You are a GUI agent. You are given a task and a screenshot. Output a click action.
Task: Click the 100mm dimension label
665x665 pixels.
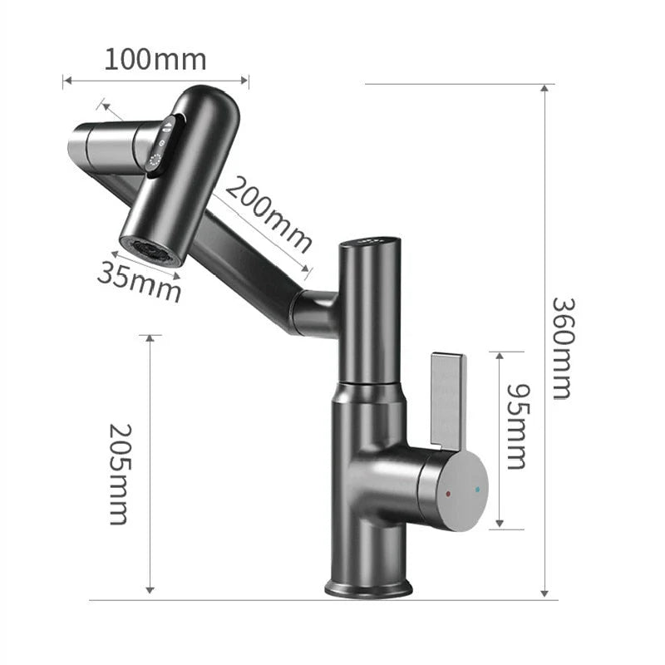click(x=155, y=59)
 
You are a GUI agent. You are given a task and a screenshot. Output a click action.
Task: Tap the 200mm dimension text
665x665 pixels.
click(x=268, y=215)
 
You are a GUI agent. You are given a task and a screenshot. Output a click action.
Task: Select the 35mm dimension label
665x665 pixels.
click(x=139, y=281)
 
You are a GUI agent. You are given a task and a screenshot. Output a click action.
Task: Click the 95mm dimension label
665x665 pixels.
click(x=517, y=426)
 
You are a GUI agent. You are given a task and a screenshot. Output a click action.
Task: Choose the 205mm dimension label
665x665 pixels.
click(x=119, y=473)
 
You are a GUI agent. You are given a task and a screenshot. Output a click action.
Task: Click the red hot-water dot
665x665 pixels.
click(x=449, y=493)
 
